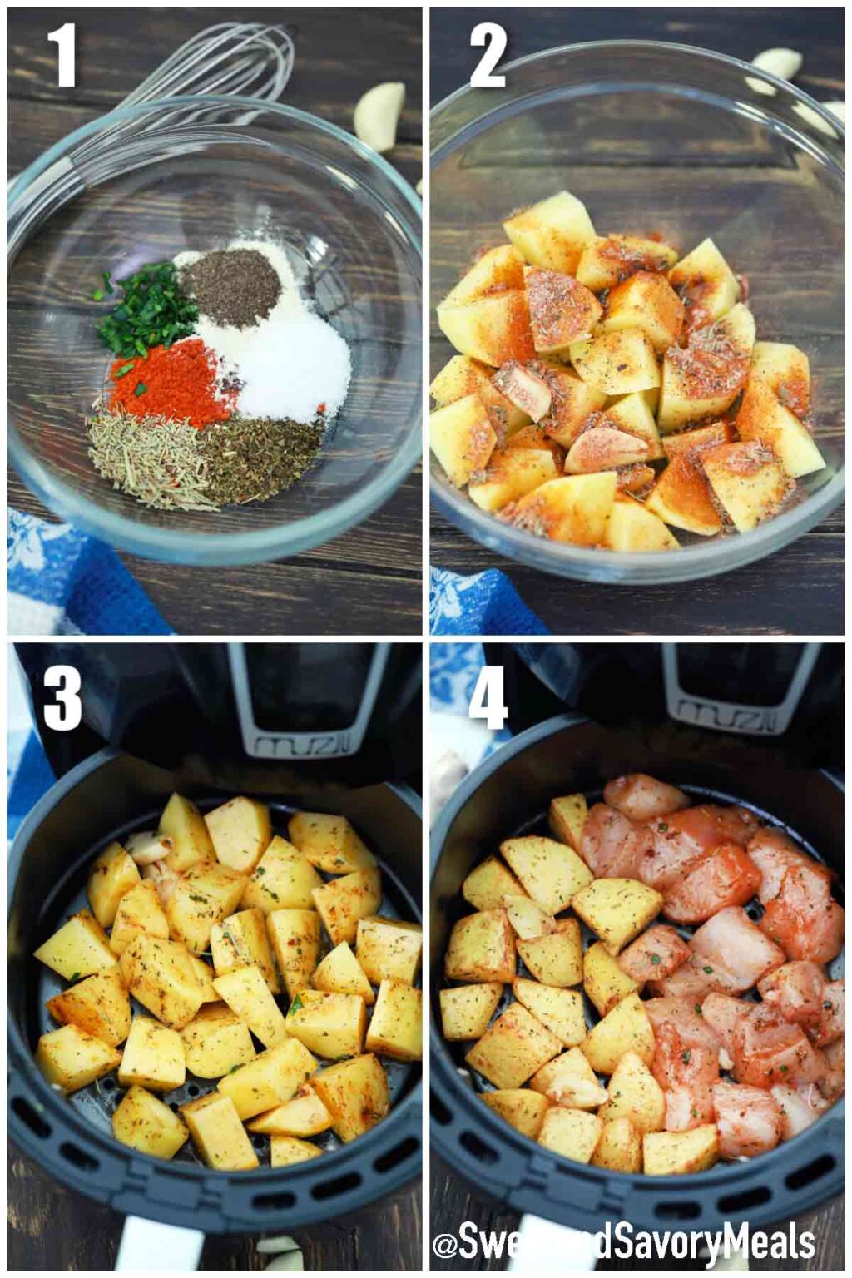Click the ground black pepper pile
(230, 287)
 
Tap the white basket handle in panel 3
(158, 1252)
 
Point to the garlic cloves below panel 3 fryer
(279, 1252)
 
